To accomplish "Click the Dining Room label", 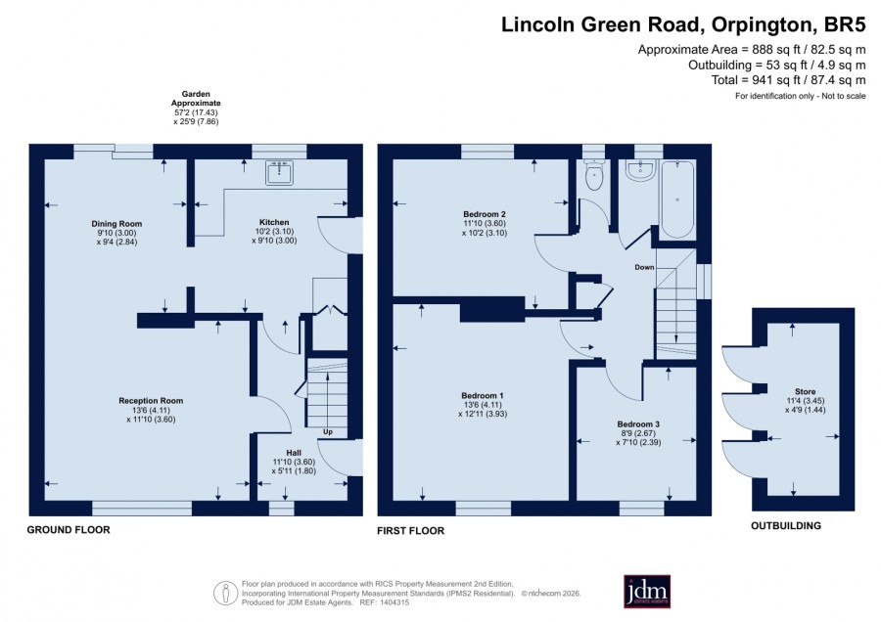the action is pyautogui.click(x=116, y=223).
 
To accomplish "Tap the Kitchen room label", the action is pyautogui.click(x=274, y=222).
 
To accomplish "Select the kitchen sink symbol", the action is pyautogui.click(x=279, y=173).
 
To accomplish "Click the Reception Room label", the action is pyautogui.click(x=151, y=401).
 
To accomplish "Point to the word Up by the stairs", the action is pyautogui.click(x=328, y=431).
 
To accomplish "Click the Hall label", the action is pyautogui.click(x=294, y=453).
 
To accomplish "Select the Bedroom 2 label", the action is pyautogui.click(x=485, y=214).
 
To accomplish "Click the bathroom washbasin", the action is pyautogui.click(x=640, y=170).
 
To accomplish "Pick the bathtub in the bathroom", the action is pyautogui.click(x=677, y=200).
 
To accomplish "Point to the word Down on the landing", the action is pyautogui.click(x=644, y=267).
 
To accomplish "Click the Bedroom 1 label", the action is pyautogui.click(x=483, y=395).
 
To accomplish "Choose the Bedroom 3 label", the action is pyautogui.click(x=638, y=424).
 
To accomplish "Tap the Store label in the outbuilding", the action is pyautogui.click(x=806, y=392).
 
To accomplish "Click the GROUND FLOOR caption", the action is pyautogui.click(x=69, y=529).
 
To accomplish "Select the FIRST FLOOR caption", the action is pyautogui.click(x=411, y=530).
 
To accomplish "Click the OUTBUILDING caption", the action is pyautogui.click(x=786, y=526).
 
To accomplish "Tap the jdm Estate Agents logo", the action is pyautogui.click(x=647, y=591).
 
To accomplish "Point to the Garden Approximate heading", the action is pyautogui.click(x=196, y=99).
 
